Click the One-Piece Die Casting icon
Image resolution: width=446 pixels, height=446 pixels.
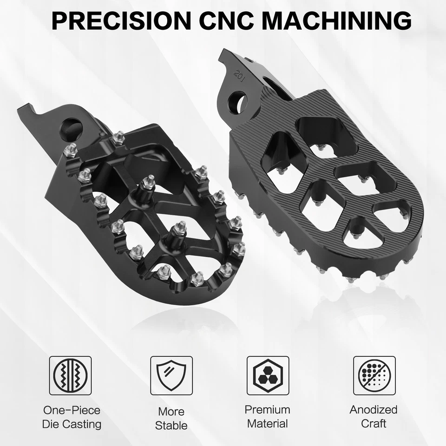point(70,376)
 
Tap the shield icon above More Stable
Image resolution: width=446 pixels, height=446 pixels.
point(171,376)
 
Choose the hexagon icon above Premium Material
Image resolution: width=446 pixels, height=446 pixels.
point(268,376)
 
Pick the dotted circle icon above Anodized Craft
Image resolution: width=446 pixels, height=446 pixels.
point(374,376)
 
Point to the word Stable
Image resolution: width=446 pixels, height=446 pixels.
point(171,426)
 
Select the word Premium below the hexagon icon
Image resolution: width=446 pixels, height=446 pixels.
point(268,410)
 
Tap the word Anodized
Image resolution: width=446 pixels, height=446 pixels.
point(374,410)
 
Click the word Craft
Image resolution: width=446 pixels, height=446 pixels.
point(374,424)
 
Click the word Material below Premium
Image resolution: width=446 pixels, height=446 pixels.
point(268,424)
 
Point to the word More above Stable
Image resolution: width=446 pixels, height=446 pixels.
point(171,412)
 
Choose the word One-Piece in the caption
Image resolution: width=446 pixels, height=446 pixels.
point(72,410)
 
